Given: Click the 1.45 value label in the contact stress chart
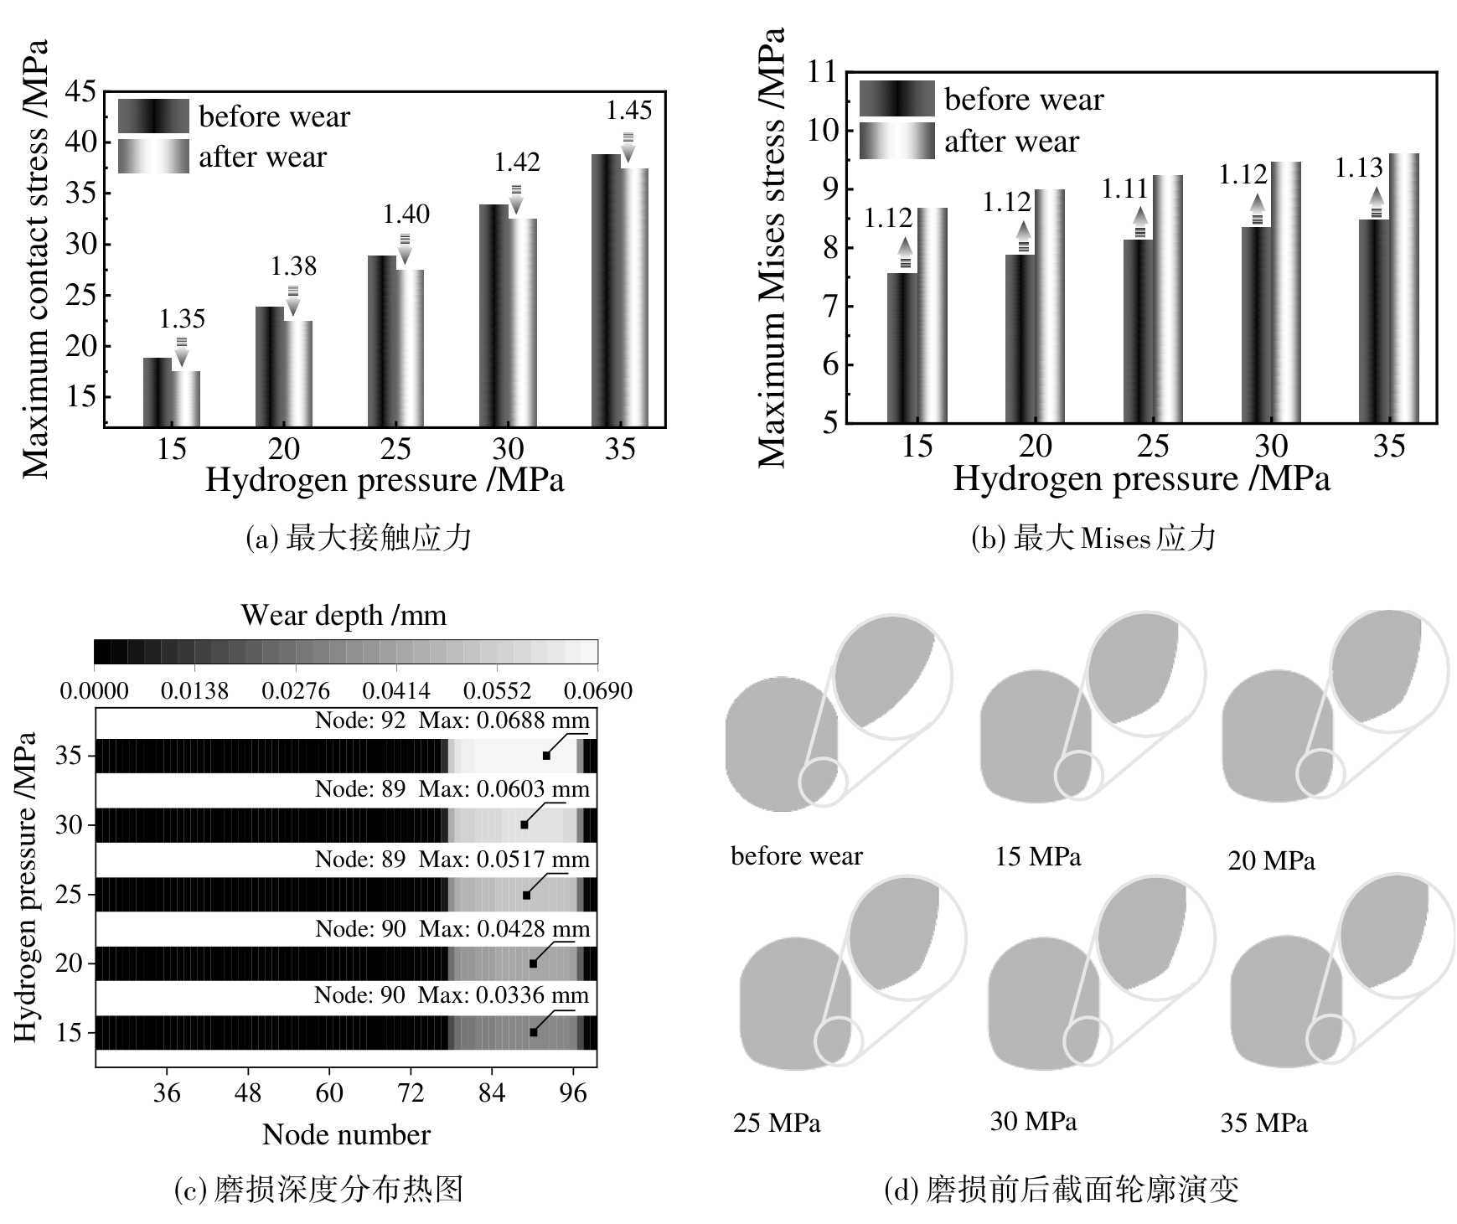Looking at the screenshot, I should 628,111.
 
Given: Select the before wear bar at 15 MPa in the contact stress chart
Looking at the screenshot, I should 158,392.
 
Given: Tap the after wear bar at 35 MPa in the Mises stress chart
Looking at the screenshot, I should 1404,288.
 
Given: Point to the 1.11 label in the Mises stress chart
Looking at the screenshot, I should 1124,189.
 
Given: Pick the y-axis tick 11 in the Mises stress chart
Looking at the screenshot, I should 821,72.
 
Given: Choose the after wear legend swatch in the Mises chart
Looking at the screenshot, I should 896,141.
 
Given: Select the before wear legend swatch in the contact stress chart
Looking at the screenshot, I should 153,116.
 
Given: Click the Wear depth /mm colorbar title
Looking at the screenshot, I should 344,616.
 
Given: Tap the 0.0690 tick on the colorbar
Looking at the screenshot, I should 598,691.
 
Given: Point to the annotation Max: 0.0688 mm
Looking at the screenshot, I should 504,720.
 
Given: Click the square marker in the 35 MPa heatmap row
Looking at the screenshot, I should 546,756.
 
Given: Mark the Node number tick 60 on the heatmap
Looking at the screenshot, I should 329,1092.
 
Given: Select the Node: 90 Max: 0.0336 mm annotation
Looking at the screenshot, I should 452,995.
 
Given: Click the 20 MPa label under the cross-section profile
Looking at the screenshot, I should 1271,860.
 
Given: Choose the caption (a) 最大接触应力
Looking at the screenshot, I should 359,538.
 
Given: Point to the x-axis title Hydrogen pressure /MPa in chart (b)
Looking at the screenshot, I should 1141,479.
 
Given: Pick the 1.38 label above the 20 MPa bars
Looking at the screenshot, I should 293,266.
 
